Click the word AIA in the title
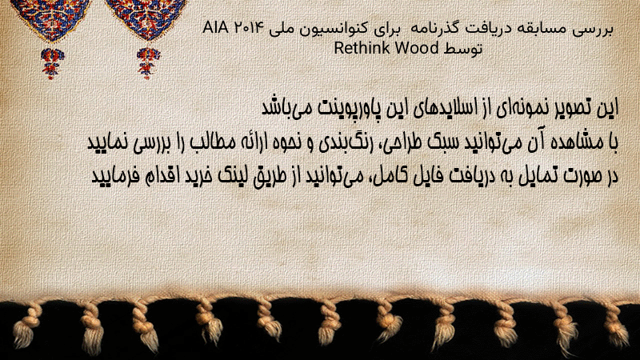click(216, 28)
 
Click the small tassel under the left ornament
click(52, 62)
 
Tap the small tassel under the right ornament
click(148, 62)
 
